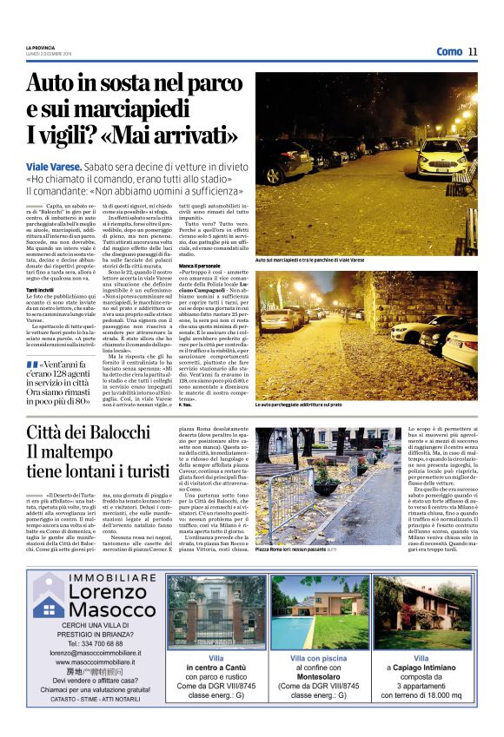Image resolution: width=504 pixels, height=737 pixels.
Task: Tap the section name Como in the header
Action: point(449,51)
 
